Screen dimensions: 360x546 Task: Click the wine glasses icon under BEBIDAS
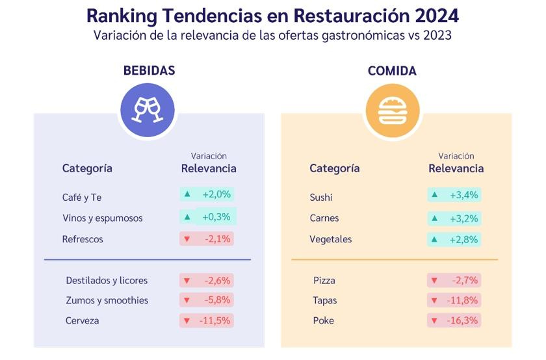[148, 109]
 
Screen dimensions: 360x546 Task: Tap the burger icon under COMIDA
[392, 110]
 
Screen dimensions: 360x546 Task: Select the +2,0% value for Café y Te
[216, 194]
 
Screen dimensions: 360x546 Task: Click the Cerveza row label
[83, 320]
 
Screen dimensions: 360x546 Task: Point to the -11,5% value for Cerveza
[216, 320]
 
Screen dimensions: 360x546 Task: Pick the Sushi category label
[320, 197]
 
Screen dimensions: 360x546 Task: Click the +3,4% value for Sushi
[463, 194]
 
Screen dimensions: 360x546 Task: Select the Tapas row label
[325, 300]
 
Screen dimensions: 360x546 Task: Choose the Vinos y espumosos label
[102, 218]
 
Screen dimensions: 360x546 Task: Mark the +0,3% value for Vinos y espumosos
[216, 216]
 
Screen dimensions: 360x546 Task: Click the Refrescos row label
[83, 238]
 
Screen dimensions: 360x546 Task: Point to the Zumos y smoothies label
[107, 300]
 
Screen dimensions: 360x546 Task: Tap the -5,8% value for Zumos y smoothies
[216, 300]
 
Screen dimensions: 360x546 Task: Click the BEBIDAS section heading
[149, 71]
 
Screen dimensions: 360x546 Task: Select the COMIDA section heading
[392, 71]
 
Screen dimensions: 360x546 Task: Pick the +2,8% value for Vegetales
[463, 239]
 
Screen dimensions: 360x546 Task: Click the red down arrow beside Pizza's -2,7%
[434, 281]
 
